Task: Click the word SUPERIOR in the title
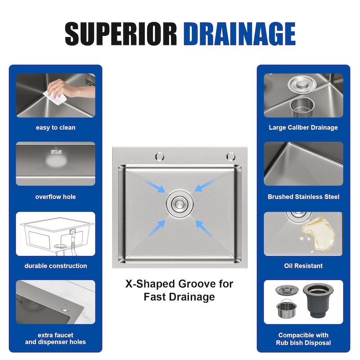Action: (121, 34)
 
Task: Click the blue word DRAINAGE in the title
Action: (239, 34)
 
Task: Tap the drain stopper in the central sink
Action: (180, 204)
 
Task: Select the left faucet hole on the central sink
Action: (160, 157)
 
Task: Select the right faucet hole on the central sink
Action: (231, 157)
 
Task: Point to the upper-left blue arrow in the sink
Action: (155, 186)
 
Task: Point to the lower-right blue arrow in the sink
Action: (203, 229)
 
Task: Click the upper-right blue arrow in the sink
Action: (205, 185)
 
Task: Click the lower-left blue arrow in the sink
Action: (157, 229)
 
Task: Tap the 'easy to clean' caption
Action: (55, 128)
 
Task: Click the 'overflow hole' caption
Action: (55, 197)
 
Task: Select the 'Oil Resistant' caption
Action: (303, 266)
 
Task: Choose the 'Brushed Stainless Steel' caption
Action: (303, 197)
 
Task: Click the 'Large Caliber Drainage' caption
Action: (303, 128)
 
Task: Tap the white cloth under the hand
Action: (55, 97)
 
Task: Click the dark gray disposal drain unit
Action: (318, 300)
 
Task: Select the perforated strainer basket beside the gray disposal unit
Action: (287, 308)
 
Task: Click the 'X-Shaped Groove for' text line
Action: (179, 284)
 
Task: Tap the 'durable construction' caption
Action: (55, 266)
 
